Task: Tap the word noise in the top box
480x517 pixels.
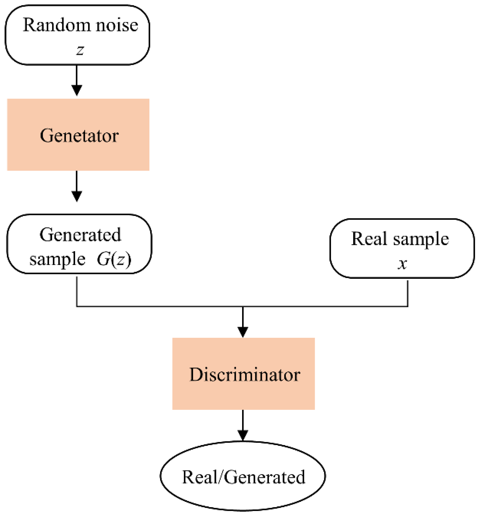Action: click(117, 25)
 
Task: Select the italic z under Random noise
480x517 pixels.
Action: click(80, 50)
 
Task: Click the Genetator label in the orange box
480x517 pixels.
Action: click(79, 136)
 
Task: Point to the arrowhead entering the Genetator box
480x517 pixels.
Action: click(77, 90)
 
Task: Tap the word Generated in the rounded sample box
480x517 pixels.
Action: click(80, 235)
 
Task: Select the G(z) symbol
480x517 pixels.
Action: click(114, 259)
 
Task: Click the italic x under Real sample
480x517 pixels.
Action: click(402, 264)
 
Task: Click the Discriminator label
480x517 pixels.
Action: click(245, 375)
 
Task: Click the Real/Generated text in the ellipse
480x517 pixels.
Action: click(244, 477)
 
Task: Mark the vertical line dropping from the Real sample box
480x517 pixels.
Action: click(408, 293)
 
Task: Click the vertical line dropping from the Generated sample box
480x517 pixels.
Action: click(77, 292)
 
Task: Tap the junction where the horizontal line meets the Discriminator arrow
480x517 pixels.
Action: click(243, 306)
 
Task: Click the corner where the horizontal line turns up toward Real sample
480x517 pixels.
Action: click(408, 306)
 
